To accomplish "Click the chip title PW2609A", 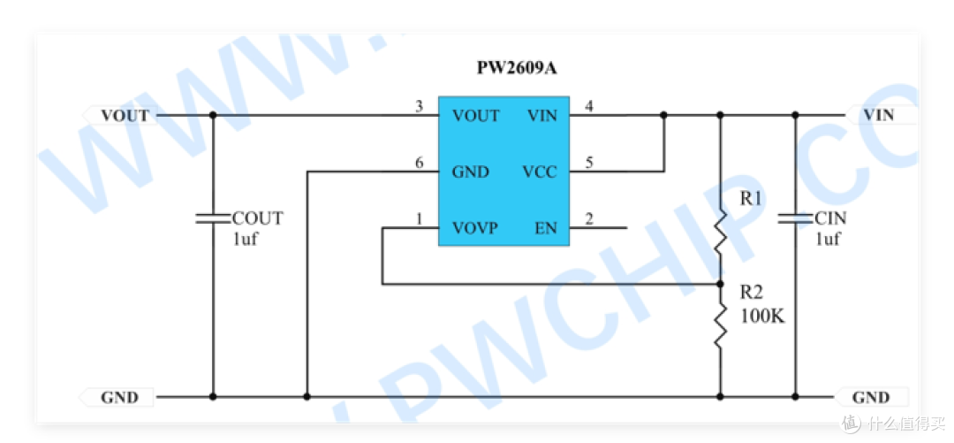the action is [x=517, y=67].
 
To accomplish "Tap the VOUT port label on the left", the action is [x=125, y=116].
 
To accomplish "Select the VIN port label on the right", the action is [x=879, y=115].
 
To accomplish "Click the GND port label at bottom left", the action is [x=119, y=398].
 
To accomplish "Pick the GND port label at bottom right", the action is [x=871, y=398].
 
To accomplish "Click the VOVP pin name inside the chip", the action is [x=474, y=229].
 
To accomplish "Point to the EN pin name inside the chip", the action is [x=546, y=229].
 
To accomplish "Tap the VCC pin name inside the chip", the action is [x=540, y=172].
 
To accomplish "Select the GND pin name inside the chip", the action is [x=470, y=172].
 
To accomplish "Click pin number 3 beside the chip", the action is [x=419, y=107].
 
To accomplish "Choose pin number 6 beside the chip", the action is [x=419, y=164].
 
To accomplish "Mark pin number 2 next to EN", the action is [x=588, y=219].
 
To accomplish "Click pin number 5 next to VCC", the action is [x=588, y=164].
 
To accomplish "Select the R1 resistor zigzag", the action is [x=721, y=233].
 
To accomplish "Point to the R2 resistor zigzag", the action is [x=721, y=326].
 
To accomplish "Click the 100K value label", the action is [x=763, y=317].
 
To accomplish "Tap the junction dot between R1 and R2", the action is [x=721, y=284].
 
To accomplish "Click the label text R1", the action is [x=752, y=199].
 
